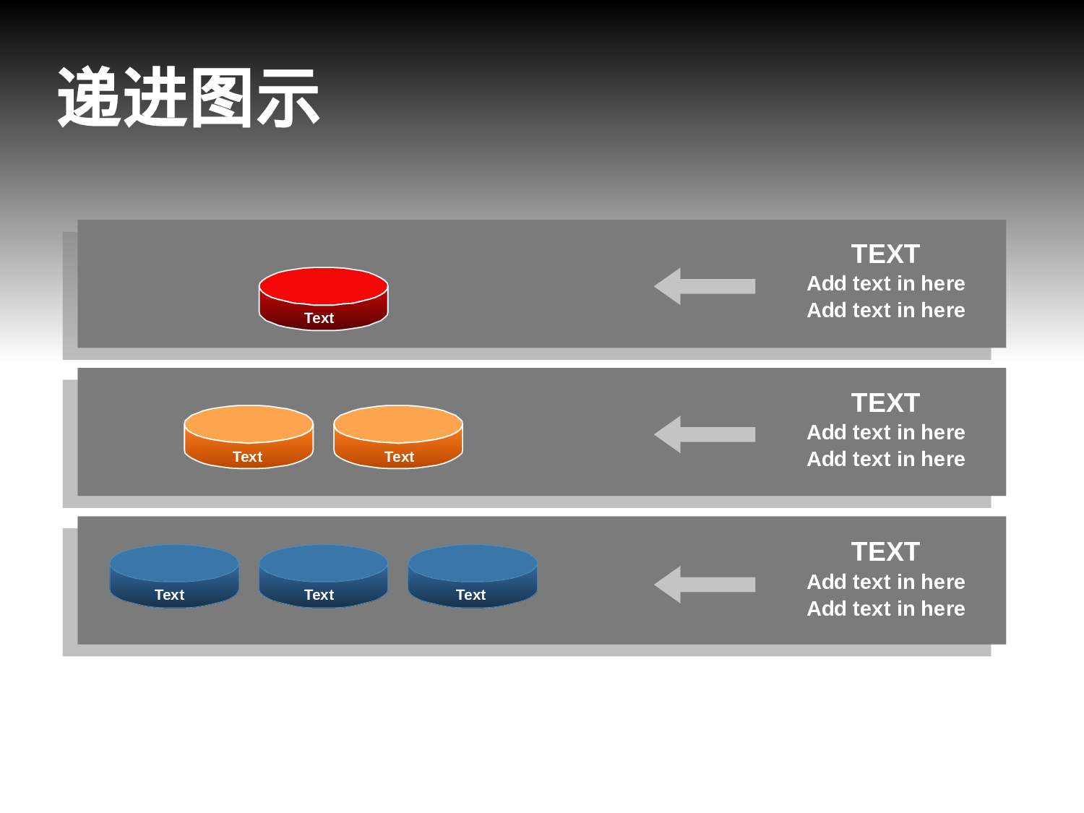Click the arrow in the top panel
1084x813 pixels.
[x=704, y=286]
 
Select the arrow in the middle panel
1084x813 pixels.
[x=704, y=434]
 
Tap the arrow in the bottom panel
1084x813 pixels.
[x=704, y=585]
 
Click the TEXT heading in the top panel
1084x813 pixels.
[x=885, y=254]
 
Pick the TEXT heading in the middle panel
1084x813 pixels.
[x=885, y=403]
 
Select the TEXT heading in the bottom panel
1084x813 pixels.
[x=885, y=552]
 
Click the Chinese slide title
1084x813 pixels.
[x=189, y=98]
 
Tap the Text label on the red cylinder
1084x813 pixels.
[x=319, y=318]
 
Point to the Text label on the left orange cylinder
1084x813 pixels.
[x=247, y=457]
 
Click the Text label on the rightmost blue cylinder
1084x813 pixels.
[x=470, y=595]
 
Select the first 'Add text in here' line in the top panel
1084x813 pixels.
[x=886, y=283]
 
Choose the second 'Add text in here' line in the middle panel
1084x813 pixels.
[x=886, y=459]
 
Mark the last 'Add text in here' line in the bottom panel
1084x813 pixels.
[x=886, y=608]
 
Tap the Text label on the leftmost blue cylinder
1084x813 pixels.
[x=169, y=595]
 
